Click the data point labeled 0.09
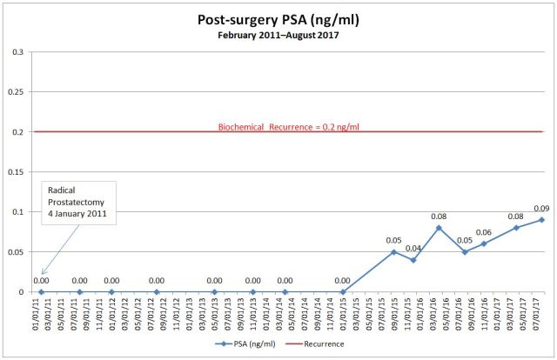coord(541,220)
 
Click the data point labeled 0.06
coord(484,243)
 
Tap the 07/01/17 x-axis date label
coord(541,314)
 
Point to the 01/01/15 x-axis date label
coord(342,314)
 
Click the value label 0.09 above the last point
coord(541,208)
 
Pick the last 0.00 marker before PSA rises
coord(342,292)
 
